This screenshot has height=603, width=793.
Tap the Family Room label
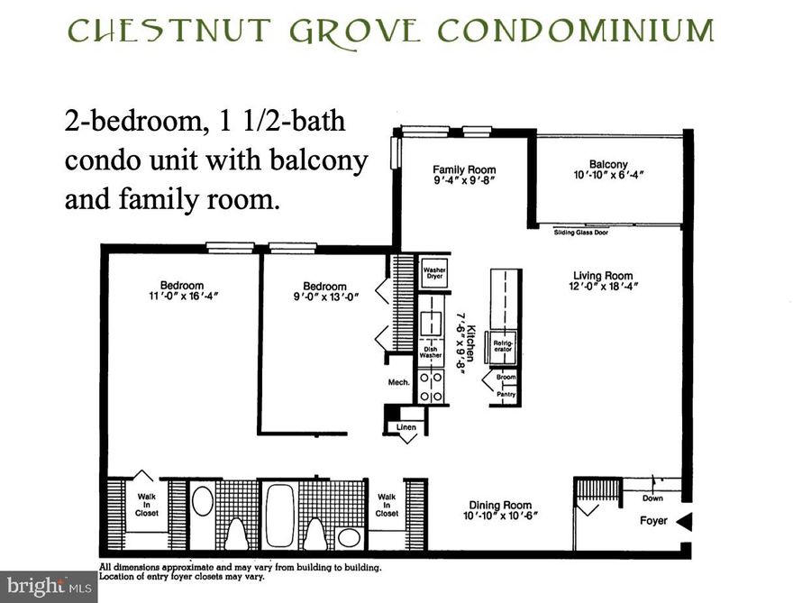464,169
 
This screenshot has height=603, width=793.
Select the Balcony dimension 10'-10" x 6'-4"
610,175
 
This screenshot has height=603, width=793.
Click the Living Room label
603,276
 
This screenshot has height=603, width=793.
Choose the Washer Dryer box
434,271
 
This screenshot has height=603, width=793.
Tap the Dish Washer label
431,351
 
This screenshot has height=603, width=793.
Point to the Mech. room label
398,382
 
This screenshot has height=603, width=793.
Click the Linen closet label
406,426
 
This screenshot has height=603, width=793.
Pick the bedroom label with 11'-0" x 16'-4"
182,286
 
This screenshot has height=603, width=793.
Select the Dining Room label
500,506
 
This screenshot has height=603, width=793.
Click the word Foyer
653,521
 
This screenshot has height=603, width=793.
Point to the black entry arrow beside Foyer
684,521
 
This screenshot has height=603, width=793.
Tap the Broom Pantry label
506,386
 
